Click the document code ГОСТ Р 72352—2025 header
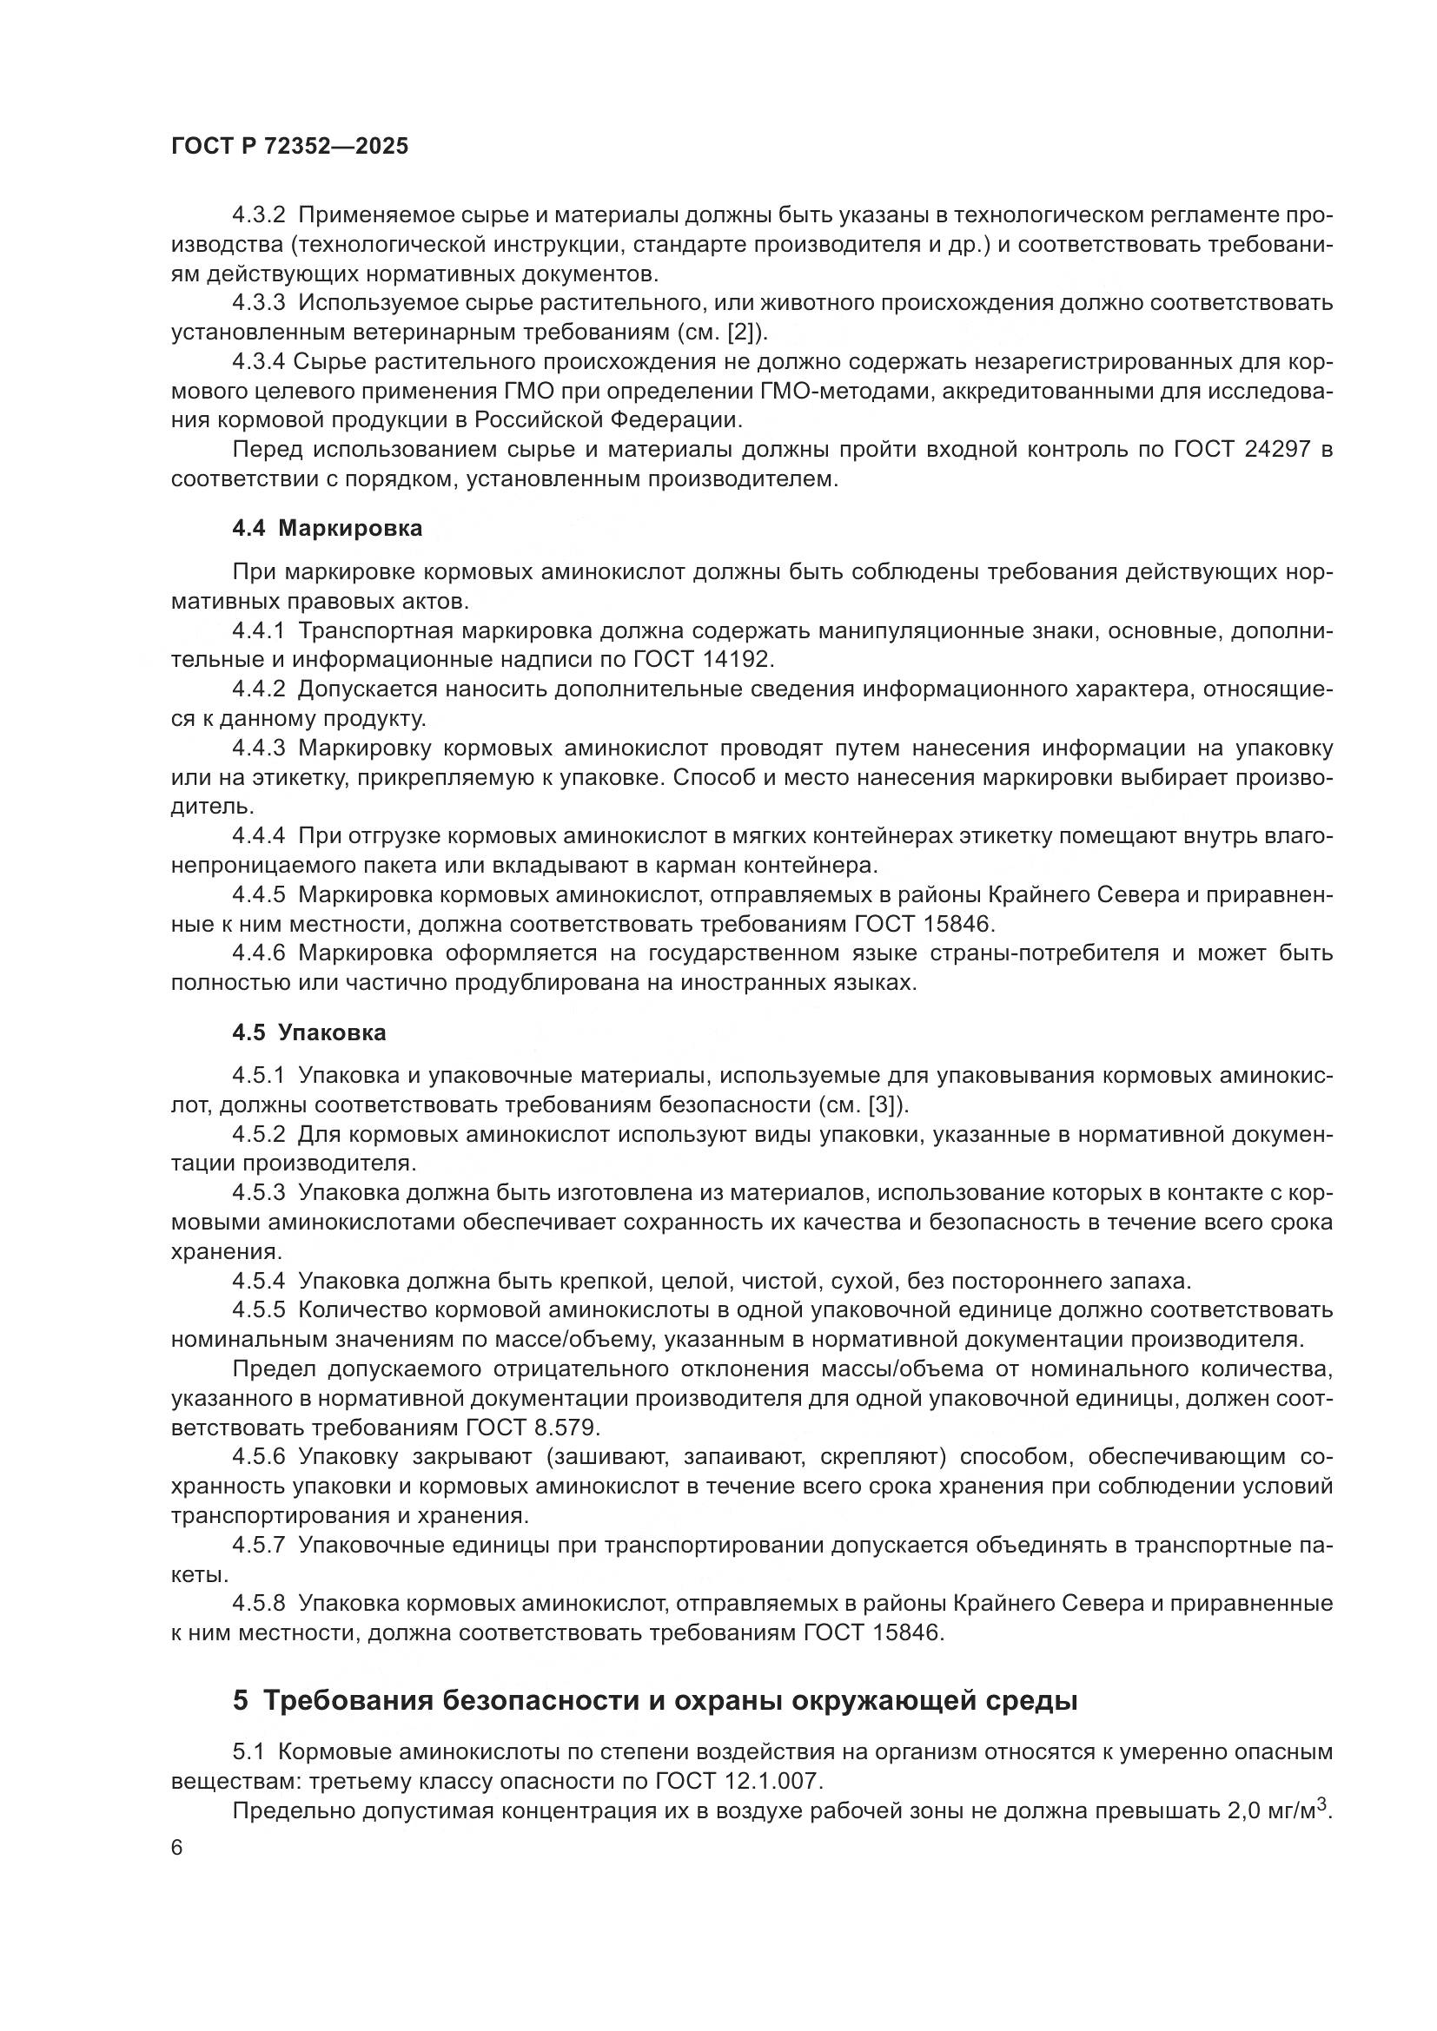289,147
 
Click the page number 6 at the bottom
177,1848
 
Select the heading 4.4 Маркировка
327,528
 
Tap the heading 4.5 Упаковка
308,1032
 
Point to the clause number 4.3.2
258,215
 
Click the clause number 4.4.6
258,953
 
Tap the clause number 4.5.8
258,1603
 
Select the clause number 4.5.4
258,1280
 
